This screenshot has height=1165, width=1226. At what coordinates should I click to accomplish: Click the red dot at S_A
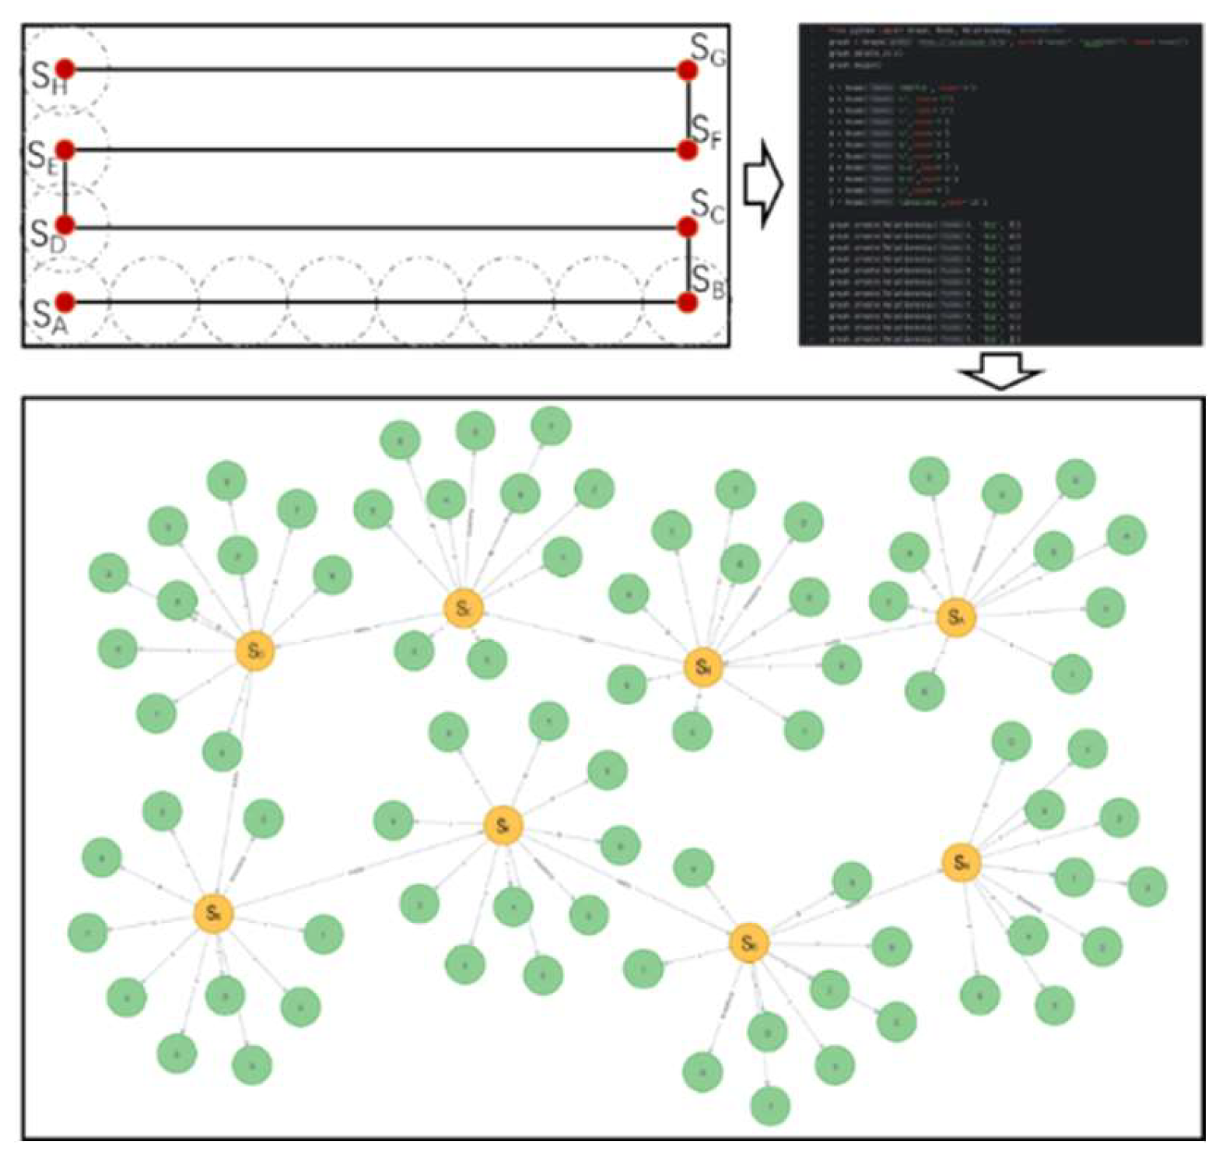(x=65, y=301)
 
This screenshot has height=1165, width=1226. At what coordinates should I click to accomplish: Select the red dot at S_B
(x=688, y=301)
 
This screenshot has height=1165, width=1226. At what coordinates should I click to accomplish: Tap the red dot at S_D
(x=65, y=226)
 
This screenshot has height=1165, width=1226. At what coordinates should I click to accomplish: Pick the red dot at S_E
(x=65, y=149)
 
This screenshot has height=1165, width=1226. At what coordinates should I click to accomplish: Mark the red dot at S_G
(x=688, y=71)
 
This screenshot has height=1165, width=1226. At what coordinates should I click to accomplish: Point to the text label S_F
(x=706, y=130)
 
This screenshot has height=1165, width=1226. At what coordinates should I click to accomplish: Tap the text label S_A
(x=50, y=318)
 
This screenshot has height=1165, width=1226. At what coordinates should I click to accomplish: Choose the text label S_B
(x=708, y=281)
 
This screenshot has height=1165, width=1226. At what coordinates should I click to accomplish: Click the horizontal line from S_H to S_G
(x=373, y=70)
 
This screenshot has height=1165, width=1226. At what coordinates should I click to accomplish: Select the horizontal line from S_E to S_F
(x=373, y=149)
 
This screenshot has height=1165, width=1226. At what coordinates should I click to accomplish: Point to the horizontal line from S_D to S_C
(x=373, y=227)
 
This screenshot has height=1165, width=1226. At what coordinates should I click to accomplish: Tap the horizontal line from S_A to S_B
(x=373, y=301)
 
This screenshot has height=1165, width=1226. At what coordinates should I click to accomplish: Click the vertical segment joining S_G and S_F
(x=688, y=109)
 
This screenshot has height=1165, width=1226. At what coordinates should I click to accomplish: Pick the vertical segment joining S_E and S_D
(x=65, y=187)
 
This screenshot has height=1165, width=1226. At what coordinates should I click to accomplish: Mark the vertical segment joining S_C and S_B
(x=688, y=265)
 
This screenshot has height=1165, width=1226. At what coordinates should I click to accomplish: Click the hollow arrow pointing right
(x=762, y=184)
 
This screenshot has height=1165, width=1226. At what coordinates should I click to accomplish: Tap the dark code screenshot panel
(x=1000, y=184)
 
